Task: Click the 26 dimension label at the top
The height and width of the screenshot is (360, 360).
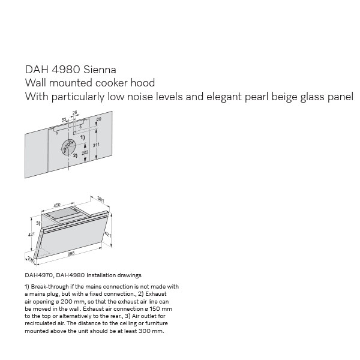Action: pos(75,113)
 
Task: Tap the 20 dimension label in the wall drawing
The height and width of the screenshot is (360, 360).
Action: pos(98,120)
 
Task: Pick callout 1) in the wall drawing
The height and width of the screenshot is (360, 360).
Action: pos(83,137)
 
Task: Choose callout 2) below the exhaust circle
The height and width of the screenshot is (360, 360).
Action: pos(75,155)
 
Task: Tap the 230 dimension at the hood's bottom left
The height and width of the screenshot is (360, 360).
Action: pos(30,259)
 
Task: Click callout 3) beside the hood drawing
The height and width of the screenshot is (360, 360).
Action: pos(38,223)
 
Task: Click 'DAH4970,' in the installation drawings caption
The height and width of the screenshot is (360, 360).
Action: pos(38,275)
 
